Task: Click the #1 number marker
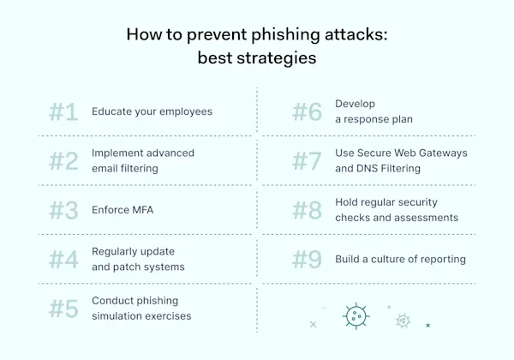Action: [x=63, y=111]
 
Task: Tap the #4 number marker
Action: [x=63, y=258]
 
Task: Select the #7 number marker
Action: [x=308, y=160]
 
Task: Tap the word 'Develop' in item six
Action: [x=355, y=104]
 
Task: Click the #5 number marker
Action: [x=63, y=308]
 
